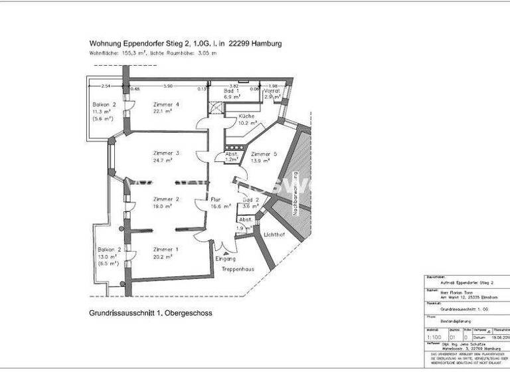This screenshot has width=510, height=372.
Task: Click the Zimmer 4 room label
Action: coord(166,104)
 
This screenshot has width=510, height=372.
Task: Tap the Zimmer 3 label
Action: coord(166,152)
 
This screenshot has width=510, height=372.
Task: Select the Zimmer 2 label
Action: coord(166,199)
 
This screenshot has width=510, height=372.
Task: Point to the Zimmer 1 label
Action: coord(166,249)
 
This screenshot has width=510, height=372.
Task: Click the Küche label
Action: coord(237,116)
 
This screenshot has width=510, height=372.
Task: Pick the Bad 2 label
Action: coord(250,199)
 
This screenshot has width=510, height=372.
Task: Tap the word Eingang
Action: coord(226,259)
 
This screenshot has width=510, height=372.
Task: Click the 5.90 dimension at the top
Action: coord(168,86)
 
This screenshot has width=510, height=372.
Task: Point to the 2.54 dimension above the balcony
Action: coord(105,86)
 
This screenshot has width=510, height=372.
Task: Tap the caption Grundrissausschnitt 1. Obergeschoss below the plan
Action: coord(150,312)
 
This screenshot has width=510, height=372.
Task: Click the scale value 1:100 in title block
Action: coord(432,337)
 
